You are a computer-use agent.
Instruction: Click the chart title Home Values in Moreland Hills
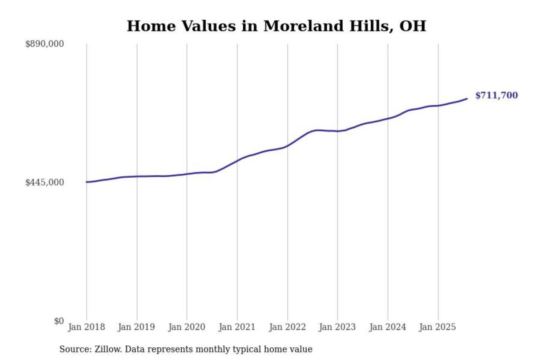276,26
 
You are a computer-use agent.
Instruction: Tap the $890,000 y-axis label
45,44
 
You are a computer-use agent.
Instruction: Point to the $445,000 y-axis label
45,183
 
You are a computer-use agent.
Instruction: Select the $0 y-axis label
59,321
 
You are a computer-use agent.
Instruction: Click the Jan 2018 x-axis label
86,327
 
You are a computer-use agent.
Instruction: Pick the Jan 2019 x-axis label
136,327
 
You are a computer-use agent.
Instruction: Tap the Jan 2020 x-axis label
186,327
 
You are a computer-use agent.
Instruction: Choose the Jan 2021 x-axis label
237,327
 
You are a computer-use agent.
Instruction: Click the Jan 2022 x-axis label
287,327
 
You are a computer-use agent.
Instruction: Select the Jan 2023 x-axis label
337,327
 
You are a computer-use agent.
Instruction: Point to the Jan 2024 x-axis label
387,327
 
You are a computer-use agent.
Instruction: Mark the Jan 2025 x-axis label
437,327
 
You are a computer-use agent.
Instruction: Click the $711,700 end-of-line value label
496,95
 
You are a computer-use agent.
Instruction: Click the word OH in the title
412,26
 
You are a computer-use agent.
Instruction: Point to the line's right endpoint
467,99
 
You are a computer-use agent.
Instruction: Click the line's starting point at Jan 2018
87,182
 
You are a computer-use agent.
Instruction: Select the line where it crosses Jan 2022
288,145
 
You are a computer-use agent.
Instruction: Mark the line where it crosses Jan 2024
388,118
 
